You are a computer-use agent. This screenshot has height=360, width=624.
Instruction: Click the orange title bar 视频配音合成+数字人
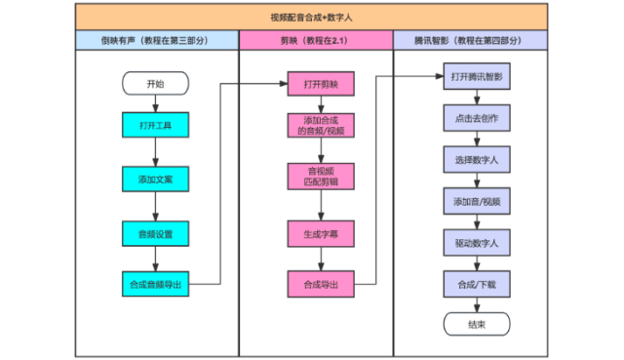click(x=311, y=17)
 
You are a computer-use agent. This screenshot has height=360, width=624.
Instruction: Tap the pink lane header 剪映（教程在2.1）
click(x=317, y=41)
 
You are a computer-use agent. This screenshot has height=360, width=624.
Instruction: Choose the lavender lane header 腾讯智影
click(x=470, y=41)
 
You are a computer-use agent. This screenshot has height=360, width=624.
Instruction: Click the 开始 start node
click(x=155, y=84)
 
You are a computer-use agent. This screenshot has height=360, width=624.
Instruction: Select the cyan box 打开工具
click(x=155, y=126)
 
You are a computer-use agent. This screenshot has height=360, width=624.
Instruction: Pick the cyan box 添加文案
click(x=155, y=180)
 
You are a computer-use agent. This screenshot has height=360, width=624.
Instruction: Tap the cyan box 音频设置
click(x=155, y=233)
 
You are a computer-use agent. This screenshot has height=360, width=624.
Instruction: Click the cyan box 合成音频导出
click(x=155, y=285)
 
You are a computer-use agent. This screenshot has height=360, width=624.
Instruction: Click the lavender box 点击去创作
click(x=476, y=117)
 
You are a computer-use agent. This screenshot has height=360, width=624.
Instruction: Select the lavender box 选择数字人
click(x=476, y=159)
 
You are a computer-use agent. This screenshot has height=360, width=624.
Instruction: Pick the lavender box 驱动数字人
click(x=476, y=242)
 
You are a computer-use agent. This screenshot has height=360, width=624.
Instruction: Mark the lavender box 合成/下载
click(x=476, y=284)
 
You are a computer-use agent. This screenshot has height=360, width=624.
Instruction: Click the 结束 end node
click(x=476, y=325)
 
